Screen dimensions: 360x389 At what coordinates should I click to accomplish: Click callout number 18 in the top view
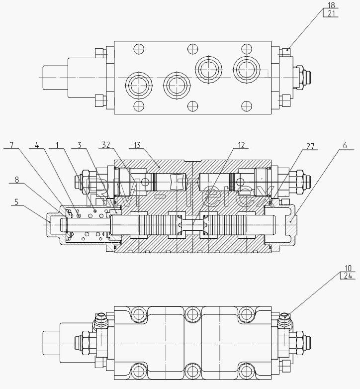331,5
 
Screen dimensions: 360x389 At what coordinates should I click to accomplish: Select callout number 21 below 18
331,13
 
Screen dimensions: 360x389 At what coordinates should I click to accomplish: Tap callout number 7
11,145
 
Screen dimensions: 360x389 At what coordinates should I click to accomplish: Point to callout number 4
37,145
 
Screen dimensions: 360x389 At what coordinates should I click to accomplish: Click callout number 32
106,145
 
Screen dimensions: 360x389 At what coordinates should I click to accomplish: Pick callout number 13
137,145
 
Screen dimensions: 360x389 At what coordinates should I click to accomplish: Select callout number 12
241,145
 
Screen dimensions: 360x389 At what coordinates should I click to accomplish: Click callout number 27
310,146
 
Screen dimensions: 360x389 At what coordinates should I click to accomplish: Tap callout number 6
345,146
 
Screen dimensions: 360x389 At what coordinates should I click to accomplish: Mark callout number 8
16,180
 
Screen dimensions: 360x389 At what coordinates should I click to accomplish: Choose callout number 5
16,201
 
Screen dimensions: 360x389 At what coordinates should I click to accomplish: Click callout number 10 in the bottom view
348,268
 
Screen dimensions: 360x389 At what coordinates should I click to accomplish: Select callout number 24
348,276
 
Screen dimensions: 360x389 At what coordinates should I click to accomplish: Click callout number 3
80,145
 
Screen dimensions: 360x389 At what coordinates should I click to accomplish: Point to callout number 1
57,145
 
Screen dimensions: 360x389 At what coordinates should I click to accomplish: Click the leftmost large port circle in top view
139,85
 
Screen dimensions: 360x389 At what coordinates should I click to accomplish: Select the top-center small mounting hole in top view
192,49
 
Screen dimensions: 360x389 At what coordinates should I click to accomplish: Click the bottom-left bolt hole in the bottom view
139,372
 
